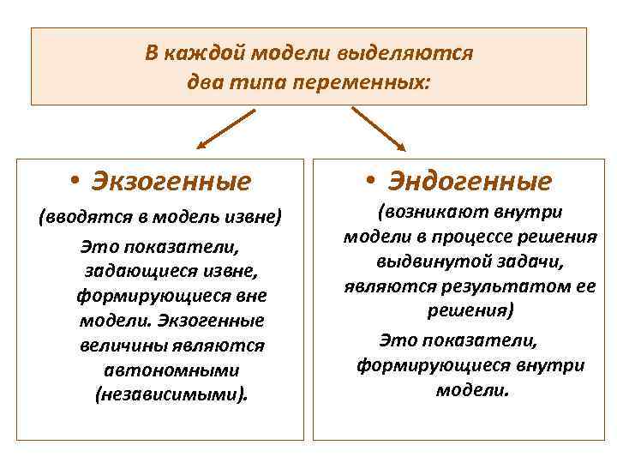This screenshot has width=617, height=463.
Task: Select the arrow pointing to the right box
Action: coord(378,129)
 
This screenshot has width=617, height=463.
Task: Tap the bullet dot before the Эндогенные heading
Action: coord(369,181)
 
